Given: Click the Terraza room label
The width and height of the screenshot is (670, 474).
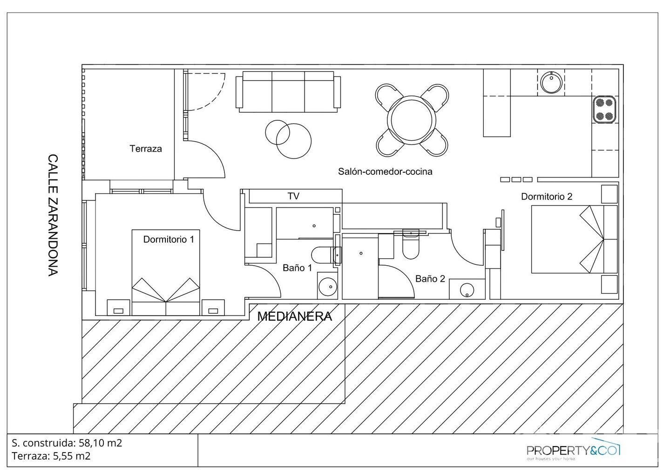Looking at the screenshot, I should (145, 149).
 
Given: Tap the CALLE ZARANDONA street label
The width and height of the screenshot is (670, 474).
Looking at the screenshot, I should (53, 215).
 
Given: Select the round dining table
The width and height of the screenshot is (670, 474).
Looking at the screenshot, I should (412, 120).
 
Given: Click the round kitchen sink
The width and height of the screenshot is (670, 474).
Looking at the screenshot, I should (552, 82).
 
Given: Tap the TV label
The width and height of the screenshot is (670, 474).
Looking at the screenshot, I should (293, 196).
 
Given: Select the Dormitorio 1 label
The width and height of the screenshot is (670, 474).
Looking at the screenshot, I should (168, 239).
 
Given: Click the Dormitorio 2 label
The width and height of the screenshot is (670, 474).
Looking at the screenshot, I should (546, 197).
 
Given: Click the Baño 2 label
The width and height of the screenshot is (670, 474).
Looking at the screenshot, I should (430, 279).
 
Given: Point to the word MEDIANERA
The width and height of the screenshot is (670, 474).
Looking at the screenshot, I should (294, 316).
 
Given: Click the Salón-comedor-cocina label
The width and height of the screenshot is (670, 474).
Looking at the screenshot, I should (385, 172).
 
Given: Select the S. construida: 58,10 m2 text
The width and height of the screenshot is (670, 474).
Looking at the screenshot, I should (67, 443).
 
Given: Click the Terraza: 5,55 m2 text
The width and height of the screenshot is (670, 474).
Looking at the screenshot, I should (51, 456).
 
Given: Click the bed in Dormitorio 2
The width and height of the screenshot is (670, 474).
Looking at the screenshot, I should (574, 239).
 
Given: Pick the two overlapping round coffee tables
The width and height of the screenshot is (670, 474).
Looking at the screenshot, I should (288, 138).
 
